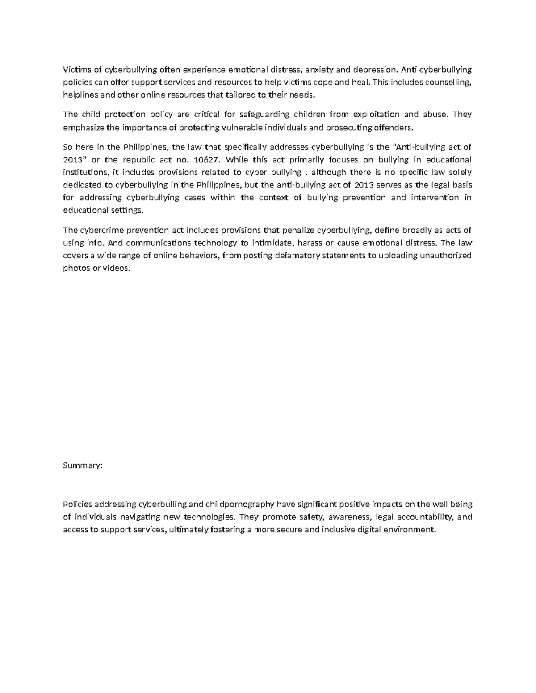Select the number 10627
[210, 160]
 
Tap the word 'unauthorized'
[444, 256]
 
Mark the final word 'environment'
[411, 530]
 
